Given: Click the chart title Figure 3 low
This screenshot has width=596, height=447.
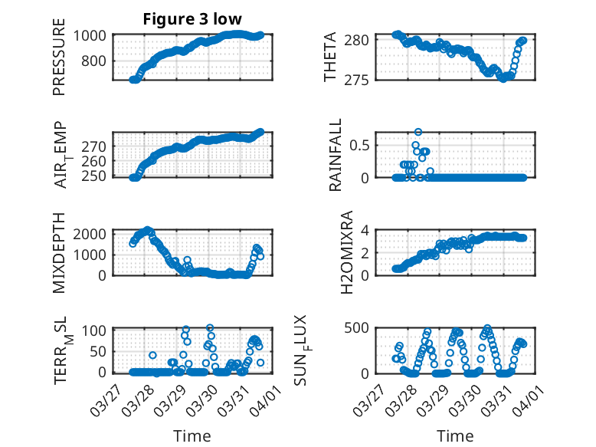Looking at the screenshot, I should click(x=193, y=19).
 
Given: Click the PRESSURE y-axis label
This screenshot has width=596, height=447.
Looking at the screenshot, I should click(x=59, y=60).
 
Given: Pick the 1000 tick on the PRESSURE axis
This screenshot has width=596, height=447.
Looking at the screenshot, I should click(x=93, y=35).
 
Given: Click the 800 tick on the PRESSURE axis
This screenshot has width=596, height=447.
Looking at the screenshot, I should click(x=97, y=61).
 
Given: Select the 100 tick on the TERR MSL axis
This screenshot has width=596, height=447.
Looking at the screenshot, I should click(x=97, y=330).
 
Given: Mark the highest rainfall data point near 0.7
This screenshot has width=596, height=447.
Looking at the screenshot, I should click(x=418, y=132).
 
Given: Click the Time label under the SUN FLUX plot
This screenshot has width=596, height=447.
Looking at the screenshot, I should click(x=455, y=436).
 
